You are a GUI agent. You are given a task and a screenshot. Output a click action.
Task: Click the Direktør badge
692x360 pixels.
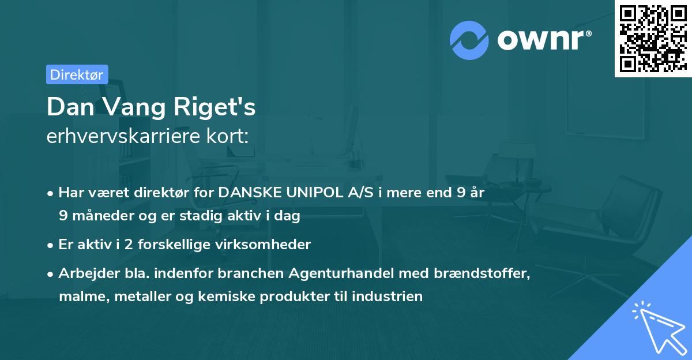tap(77, 74)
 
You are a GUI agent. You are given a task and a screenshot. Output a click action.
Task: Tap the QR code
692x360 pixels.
tap(653, 38)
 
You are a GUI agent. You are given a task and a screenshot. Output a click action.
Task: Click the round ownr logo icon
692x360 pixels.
tap(469, 40)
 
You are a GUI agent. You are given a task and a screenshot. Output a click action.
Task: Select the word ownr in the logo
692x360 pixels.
tap(544, 40)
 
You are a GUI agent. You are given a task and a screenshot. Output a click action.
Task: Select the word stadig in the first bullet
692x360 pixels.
tap(202, 215)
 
